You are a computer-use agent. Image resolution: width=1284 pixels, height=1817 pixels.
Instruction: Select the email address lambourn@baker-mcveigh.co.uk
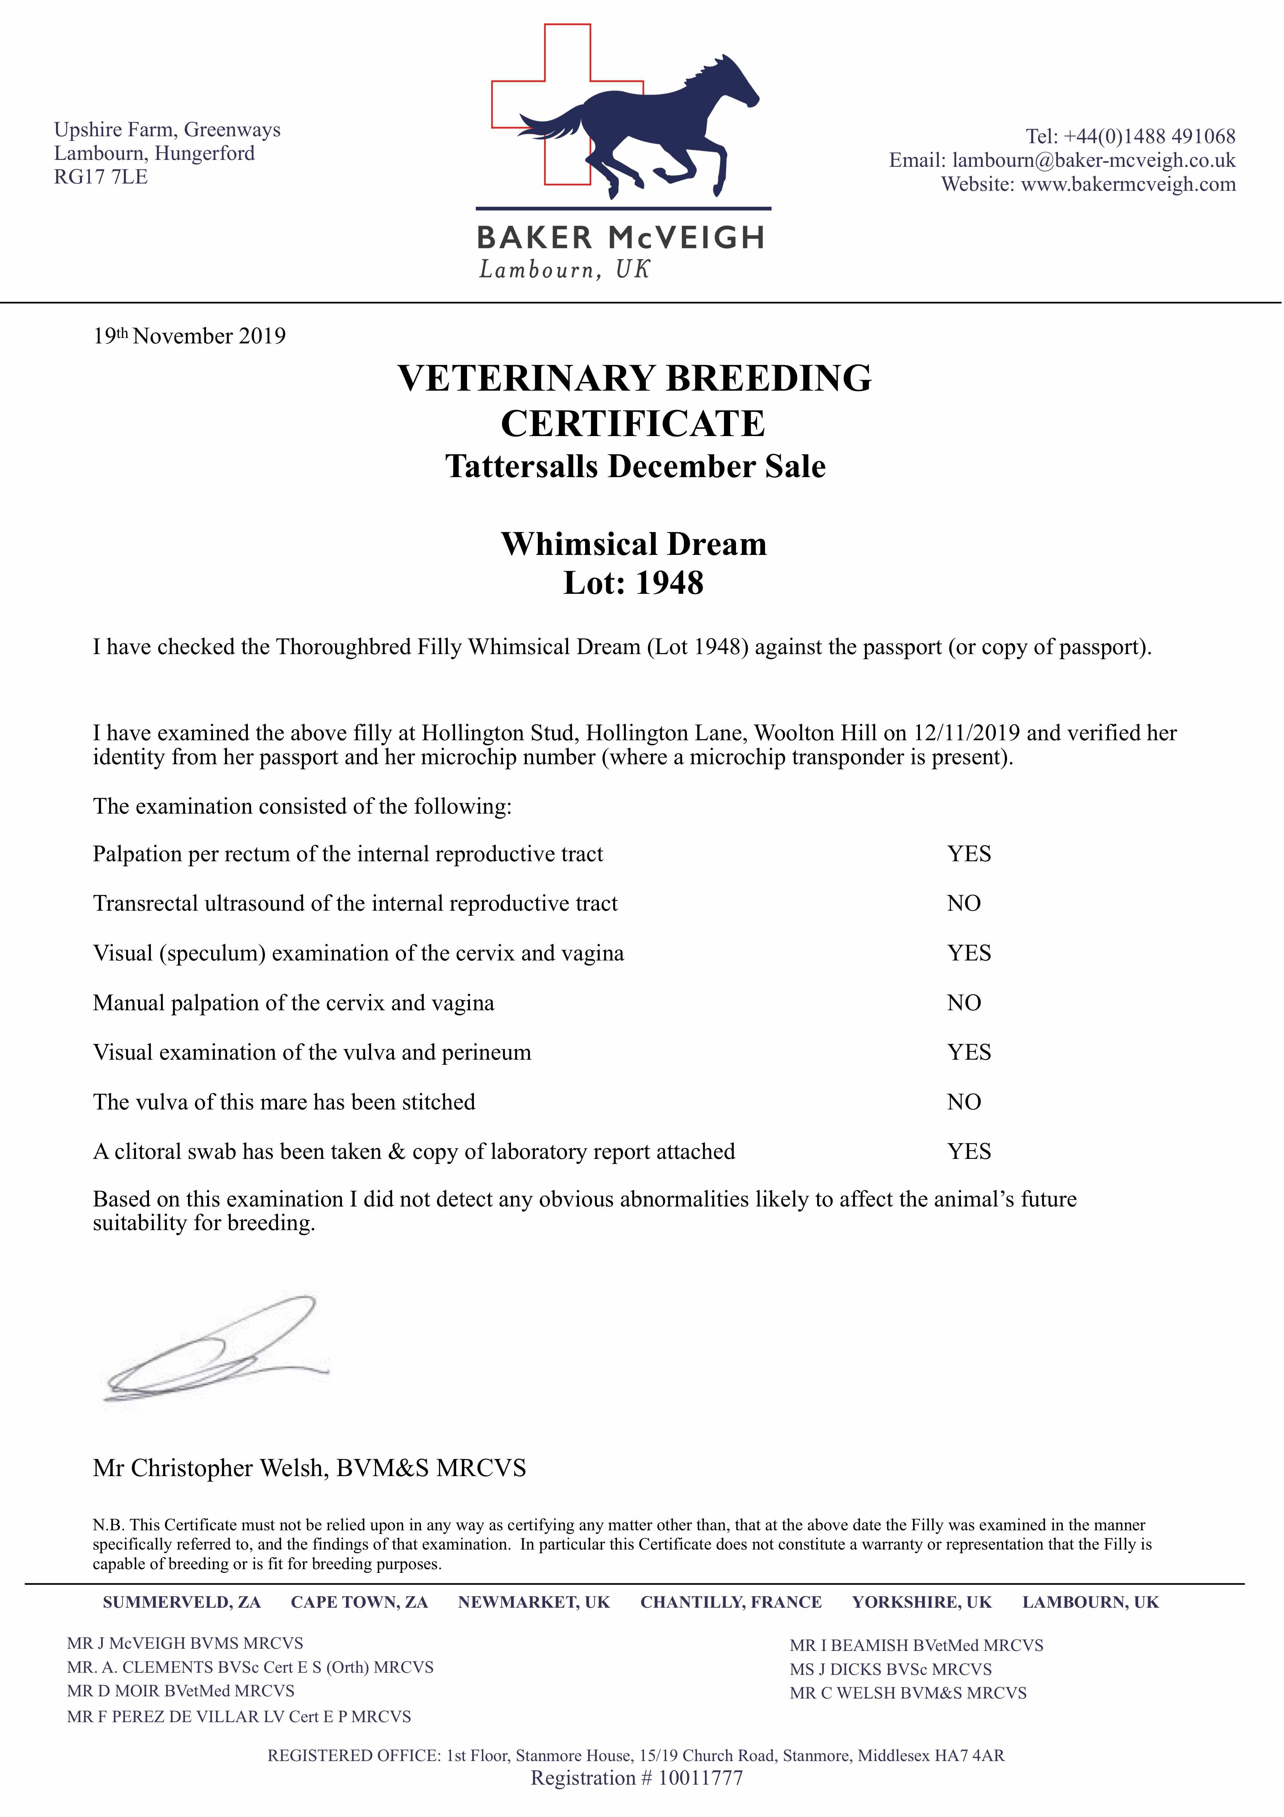[1093, 161]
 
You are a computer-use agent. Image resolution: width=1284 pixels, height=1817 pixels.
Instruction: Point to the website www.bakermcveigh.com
[1128, 184]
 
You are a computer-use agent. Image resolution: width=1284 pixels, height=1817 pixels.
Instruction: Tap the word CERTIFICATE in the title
[633, 424]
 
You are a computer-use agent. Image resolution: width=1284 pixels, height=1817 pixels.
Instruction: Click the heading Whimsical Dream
[633, 544]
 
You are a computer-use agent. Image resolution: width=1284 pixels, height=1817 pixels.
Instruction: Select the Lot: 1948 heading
[633, 583]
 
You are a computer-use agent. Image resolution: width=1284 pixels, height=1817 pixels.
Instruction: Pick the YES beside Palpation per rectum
[969, 854]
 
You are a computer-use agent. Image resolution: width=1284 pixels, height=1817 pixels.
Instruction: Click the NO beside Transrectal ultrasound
[963, 904]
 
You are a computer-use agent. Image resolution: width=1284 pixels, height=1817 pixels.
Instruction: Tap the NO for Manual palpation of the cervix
[963, 1003]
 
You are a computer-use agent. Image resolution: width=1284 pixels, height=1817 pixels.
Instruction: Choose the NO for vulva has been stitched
[963, 1103]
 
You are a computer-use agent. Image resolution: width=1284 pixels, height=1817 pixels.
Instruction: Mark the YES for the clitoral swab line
[969, 1152]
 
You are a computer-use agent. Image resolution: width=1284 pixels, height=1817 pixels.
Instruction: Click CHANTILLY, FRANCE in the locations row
[730, 1603]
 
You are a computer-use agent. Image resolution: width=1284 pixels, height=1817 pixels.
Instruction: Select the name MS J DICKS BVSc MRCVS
[890, 1670]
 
